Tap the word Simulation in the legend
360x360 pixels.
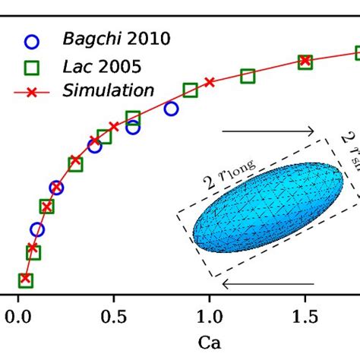point(109,90)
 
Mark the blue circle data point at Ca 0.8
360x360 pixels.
point(171,109)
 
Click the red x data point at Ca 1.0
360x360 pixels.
point(209,81)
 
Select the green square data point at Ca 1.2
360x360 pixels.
point(247,76)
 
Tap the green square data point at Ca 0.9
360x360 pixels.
point(190,90)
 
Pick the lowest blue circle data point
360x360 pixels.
point(37,229)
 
